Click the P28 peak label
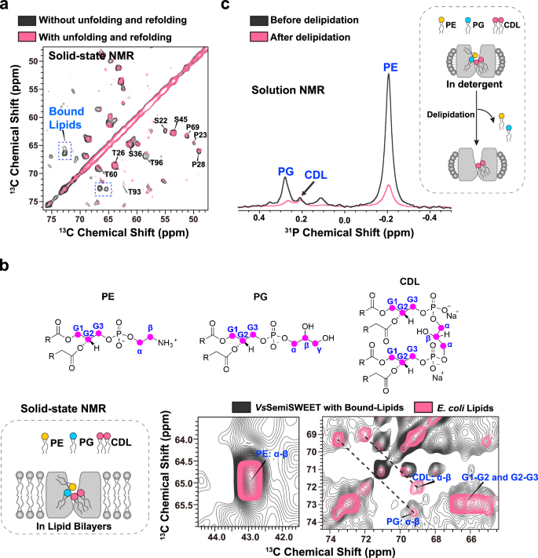pyautogui.click(x=199, y=163)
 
